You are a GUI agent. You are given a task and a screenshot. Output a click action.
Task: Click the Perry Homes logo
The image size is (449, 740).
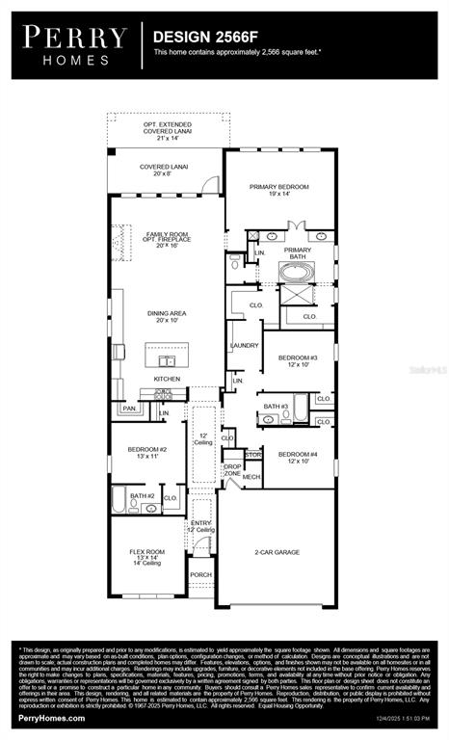(75, 44)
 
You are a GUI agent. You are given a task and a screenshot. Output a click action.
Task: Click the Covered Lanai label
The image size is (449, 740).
(164, 171)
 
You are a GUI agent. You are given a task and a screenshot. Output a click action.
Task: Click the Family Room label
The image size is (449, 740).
(168, 239)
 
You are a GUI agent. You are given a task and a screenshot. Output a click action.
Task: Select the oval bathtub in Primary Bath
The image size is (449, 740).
(297, 274)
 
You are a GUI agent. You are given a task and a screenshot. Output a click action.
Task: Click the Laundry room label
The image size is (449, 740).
(243, 345)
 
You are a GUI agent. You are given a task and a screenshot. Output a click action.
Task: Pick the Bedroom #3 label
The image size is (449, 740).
(298, 360)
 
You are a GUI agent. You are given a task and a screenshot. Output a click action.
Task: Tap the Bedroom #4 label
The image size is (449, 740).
(298, 458)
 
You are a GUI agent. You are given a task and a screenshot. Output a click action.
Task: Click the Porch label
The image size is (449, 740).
(200, 574)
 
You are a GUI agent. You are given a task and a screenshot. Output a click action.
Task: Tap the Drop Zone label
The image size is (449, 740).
(232, 470)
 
